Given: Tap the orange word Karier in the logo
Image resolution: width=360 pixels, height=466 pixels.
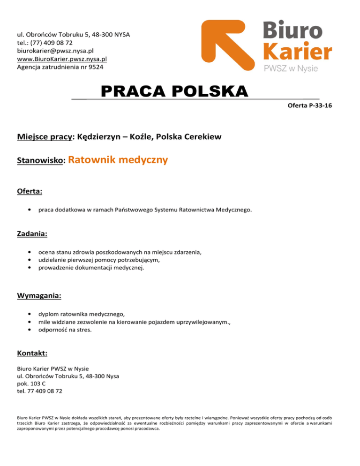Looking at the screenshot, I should [x=297, y=51].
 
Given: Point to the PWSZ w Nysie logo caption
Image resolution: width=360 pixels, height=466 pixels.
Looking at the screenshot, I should [x=291, y=68].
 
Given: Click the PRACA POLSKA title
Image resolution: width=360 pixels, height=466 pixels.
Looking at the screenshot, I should [x=174, y=91].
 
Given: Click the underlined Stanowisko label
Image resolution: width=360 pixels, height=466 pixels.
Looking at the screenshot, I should [x=40, y=161].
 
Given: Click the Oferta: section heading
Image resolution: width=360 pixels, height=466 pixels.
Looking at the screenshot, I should [x=30, y=192].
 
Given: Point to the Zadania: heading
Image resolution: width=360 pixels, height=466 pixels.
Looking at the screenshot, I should [x=32, y=233].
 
